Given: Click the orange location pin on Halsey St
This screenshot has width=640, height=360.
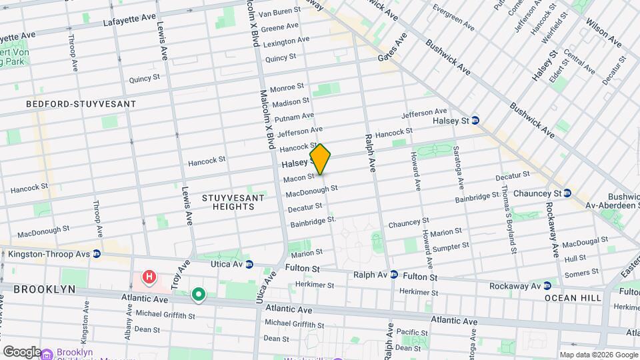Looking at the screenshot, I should [x=320, y=159].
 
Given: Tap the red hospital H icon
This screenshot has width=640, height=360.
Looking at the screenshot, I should [x=149, y=276].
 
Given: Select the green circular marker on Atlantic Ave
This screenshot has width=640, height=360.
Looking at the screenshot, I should [x=198, y=294].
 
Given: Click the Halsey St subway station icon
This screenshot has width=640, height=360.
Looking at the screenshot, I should [x=475, y=121].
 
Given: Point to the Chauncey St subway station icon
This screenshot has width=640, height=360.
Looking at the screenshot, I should [x=567, y=193].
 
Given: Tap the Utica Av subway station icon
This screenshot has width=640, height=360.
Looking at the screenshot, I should [x=249, y=265].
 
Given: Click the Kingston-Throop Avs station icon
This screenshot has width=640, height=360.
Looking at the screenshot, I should [x=97, y=254].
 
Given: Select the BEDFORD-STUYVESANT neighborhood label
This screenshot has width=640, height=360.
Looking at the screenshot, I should [x=81, y=104].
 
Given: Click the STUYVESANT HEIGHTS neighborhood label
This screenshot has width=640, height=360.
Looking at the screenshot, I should [x=229, y=202].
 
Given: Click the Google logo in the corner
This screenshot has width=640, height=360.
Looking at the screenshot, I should [x=21, y=351].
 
